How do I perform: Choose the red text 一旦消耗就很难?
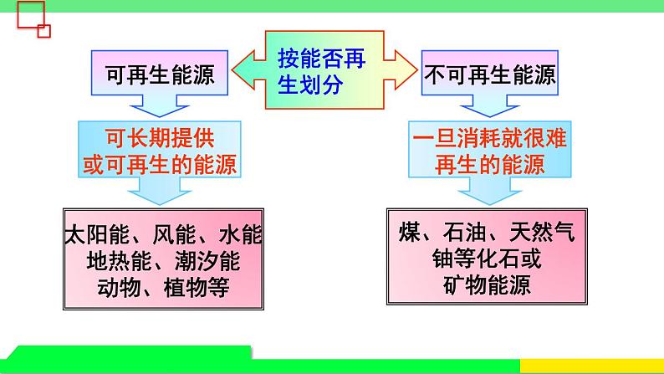tap(490, 138)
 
